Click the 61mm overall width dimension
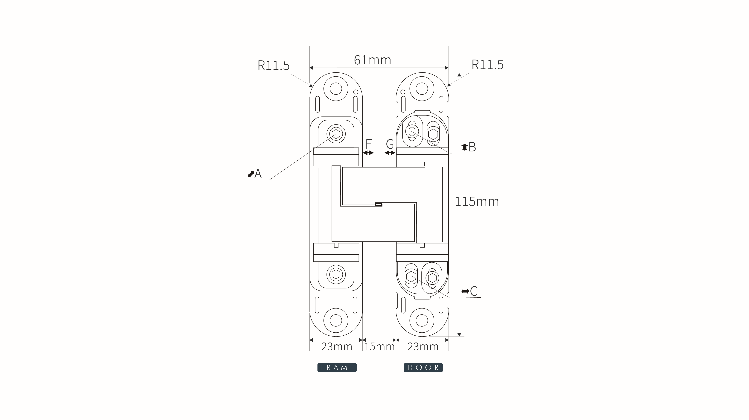tap(373, 60)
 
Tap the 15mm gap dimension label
tap(379, 346)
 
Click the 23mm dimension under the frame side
tap(336, 346)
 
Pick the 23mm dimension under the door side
tap(423, 346)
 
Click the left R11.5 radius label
tap(274, 65)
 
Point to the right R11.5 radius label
tap(487, 65)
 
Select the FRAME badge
tap(337, 368)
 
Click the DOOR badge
tap(423, 368)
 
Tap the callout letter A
tap(258, 174)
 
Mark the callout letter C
tap(474, 291)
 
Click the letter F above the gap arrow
tap(368, 144)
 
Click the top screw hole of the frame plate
tap(336, 89)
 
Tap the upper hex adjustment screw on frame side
tap(336, 134)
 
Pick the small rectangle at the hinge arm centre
tap(378, 205)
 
